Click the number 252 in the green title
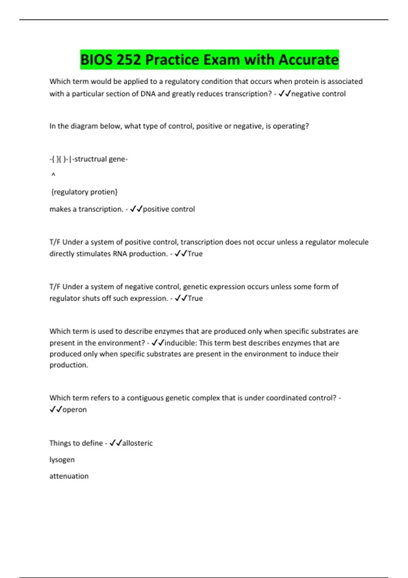click(128, 60)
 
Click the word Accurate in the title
click(309, 60)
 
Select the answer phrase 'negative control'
click(318, 94)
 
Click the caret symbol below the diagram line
click(53, 175)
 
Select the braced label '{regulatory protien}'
click(84, 192)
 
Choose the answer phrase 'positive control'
click(169, 209)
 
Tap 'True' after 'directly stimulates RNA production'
click(195, 254)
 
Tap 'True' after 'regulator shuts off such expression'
click(195, 298)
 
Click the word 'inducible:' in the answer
click(181, 343)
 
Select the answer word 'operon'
click(74, 409)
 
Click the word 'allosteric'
click(137, 443)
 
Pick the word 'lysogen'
click(62, 460)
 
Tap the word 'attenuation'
click(69, 476)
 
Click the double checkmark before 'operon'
click(55, 409)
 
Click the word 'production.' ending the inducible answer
click(69, 365)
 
